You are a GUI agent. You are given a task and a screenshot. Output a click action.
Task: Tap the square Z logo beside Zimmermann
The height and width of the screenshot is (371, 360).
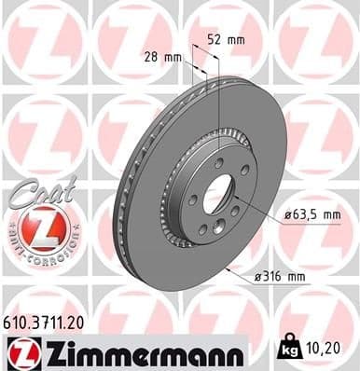click(20, 352)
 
